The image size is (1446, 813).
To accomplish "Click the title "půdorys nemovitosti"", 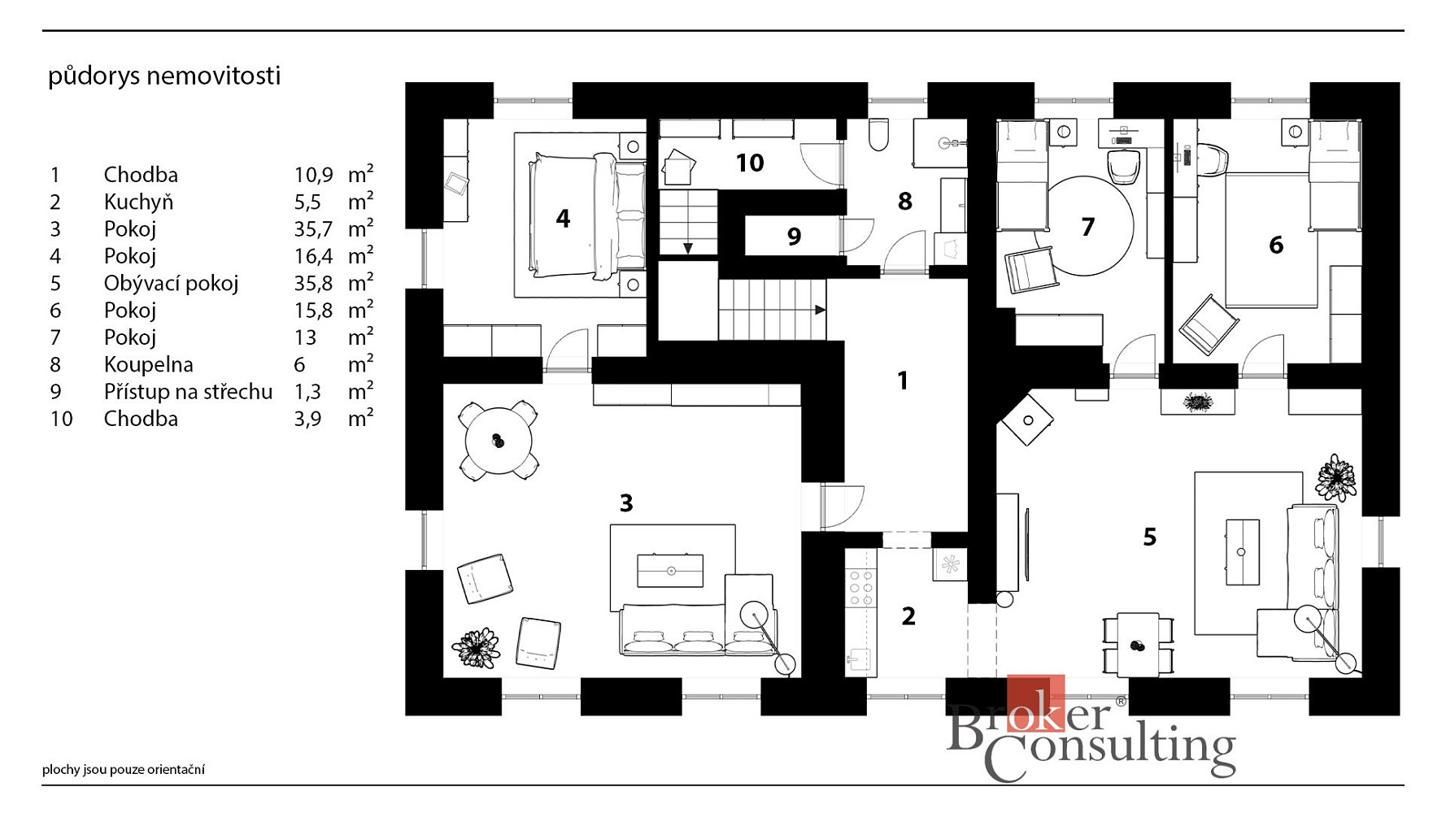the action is pos(164,76).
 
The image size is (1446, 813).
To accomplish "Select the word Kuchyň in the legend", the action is pos(138,202).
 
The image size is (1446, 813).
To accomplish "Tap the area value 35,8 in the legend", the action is pos(314,283).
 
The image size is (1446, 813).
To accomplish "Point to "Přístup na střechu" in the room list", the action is pos(188,391).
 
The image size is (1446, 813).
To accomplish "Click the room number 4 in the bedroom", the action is pos(563,218).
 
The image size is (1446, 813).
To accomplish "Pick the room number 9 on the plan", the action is pos(795,237).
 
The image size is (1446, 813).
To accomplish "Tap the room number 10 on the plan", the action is pos(750,163).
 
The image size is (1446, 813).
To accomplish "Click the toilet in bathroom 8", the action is pos(879,135).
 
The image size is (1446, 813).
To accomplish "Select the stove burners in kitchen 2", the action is pos(860,587).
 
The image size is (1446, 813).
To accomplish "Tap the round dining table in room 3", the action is pos(498,441).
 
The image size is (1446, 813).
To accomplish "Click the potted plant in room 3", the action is pos(476,648).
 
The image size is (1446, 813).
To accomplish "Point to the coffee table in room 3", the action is pos(670,570).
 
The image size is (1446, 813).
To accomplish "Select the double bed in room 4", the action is pos(585,215).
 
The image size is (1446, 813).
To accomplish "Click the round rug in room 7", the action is pos(1087,226).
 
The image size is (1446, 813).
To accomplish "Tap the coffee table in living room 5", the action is pos(1242,552).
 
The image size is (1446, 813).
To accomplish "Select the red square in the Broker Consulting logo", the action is pos(1035,702).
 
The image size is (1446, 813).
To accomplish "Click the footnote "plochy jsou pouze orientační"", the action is pos(124,769).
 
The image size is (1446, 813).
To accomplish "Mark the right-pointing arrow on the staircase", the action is pos(821,310).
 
